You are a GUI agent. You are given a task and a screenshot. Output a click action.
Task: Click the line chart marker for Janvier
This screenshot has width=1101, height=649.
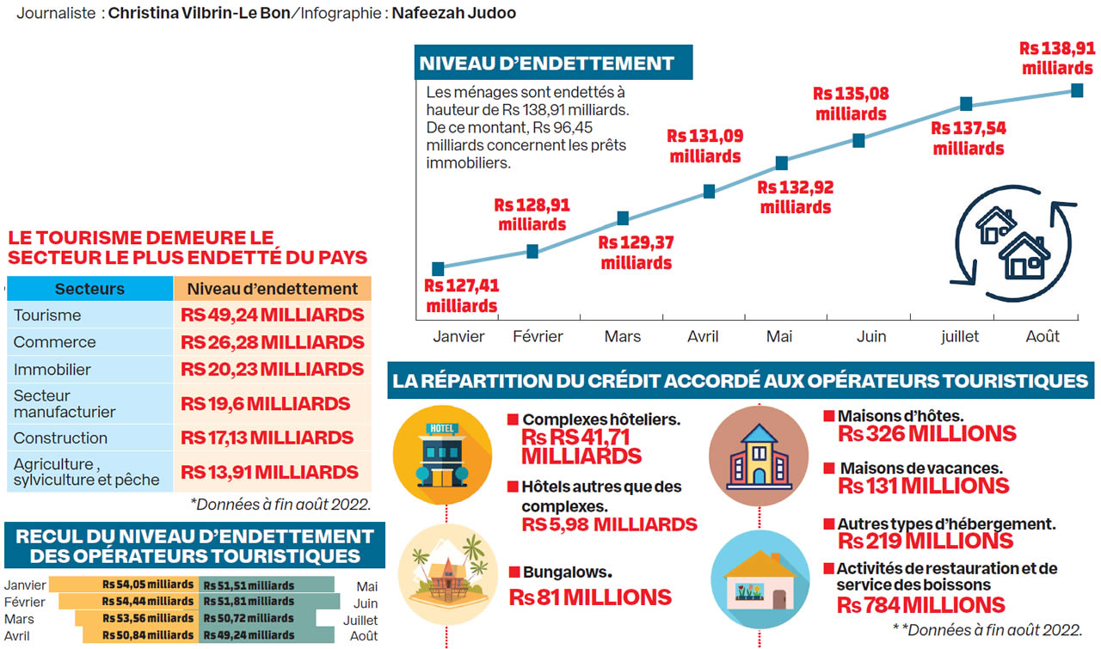(438, 269)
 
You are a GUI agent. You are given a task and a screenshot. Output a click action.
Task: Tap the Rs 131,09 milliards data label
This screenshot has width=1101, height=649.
(705, 146)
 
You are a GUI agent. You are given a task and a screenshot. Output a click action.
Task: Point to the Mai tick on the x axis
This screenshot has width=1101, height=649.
(779, 336)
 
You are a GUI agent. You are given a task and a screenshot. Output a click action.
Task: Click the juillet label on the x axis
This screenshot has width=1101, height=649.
(959, 336)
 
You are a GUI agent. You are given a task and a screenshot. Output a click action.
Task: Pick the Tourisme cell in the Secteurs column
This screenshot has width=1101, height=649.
(47, 315)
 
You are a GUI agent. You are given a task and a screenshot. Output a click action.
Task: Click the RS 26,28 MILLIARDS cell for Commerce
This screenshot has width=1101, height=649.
(273, 342)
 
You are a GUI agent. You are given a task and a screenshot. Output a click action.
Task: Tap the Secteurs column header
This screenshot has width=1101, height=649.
(89, 289)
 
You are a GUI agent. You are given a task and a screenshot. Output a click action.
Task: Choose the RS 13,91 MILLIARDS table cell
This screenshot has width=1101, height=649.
(270, 472)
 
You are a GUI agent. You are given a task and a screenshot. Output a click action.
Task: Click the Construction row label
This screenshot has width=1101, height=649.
(60, 438)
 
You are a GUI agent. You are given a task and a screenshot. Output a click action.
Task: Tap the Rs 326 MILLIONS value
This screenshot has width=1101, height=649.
(927, 434)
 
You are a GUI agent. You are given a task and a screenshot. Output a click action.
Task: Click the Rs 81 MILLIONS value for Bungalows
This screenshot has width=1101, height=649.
(590, 597)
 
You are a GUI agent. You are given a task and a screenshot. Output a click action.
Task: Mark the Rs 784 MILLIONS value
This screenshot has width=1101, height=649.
(921, 605)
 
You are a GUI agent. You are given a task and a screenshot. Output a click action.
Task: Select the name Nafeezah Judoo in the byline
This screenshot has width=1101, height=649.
(453, 14)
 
